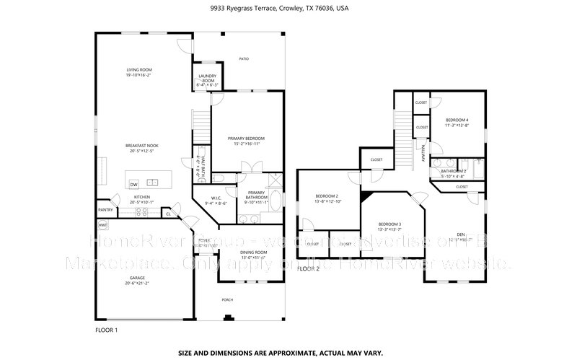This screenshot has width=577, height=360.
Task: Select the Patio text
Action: (x=245, y=58)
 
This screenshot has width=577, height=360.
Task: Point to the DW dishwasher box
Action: (x=134, y=185)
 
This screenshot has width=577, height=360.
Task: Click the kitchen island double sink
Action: (x=152, y=182)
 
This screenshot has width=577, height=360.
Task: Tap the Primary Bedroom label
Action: (x=246, y=138)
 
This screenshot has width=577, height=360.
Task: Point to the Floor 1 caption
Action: (x=106, y=330)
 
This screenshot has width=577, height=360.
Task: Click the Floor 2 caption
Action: (x=308, y=268)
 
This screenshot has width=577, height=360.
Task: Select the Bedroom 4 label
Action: (x=457, y=119)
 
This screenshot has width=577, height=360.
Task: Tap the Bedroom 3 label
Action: (x=389, y=224)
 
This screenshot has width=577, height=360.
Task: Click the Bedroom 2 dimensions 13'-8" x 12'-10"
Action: (x=327, y=201)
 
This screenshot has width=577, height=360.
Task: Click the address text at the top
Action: (x=288, y=8)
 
